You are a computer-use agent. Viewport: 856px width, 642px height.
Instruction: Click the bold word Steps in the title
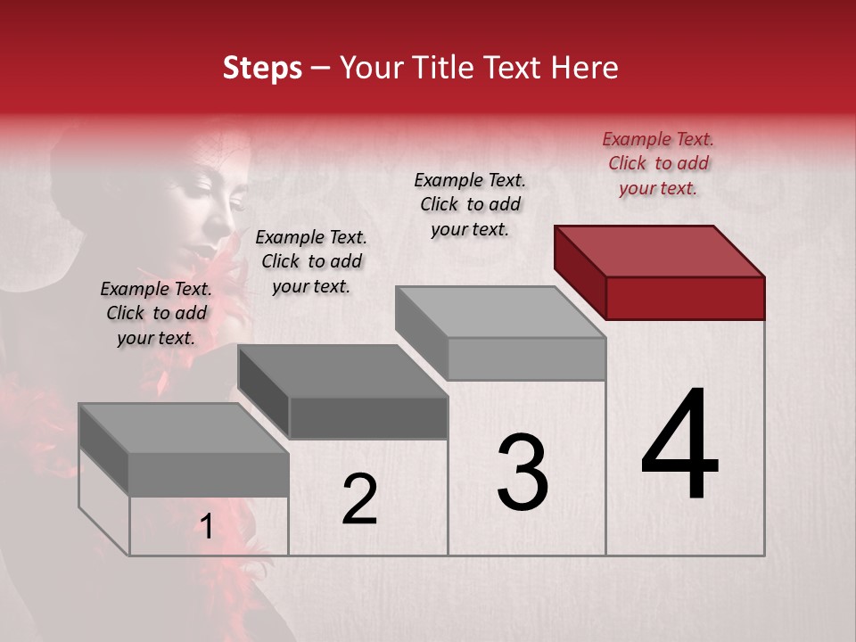pos(262,68)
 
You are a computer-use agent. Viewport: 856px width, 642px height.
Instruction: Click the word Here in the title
pos(584,68)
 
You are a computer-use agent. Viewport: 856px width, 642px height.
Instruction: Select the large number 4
pos(679,446)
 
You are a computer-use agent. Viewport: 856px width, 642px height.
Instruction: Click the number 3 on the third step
pos(523,473)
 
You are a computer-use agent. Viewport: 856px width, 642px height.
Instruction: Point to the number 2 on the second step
pos(359,499)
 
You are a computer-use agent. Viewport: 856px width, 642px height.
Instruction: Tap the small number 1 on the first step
pos(206,527)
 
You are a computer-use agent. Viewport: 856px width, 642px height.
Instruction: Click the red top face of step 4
pos(660,251)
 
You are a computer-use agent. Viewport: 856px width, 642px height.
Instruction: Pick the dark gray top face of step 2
pos(342,371)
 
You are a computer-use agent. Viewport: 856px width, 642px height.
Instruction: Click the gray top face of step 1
pos(184,428)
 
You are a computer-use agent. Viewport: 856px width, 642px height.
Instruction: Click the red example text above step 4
pos(658,163)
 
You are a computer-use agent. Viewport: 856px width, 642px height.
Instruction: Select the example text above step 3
pos(470,204)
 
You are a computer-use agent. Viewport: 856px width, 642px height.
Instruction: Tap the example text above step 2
pos(311,261)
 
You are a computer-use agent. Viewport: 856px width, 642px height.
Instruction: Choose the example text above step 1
pos(156,313)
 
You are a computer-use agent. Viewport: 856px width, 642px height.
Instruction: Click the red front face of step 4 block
pos(685,298)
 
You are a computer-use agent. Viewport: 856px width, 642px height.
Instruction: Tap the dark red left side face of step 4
pos(580,271)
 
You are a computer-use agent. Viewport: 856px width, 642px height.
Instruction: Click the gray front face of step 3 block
pos(526,358)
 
